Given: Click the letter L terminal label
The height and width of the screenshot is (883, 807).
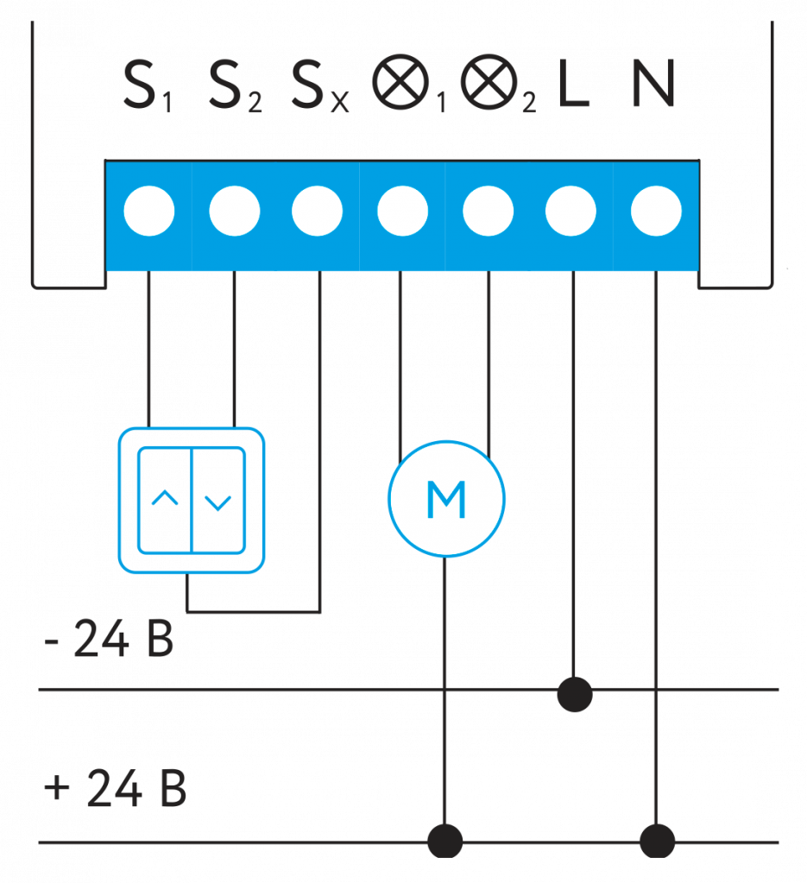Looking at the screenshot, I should click(574, 87).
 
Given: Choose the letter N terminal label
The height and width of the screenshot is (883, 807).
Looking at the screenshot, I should click(653, 87).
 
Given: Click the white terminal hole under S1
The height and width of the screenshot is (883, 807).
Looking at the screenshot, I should click(148, 211).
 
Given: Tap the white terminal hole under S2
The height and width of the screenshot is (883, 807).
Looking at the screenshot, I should click(235, 211).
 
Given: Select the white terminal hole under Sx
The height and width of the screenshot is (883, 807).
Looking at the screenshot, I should click(318, 211).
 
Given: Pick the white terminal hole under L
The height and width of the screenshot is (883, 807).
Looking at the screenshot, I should click(571, 211).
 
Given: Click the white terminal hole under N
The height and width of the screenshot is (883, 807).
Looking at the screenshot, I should click(656, 211).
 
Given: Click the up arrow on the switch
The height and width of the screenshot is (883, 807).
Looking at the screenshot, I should click(165, 499).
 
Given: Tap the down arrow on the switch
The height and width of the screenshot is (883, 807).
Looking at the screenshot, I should click(218, 501).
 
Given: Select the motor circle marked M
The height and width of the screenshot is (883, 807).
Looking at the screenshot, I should click(446, 498).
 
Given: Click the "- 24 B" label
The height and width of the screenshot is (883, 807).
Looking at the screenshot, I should click(109, 640).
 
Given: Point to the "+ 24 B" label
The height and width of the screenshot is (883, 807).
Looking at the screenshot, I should click(115, 789).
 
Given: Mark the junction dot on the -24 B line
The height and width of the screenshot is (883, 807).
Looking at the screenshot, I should click(574, 693).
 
